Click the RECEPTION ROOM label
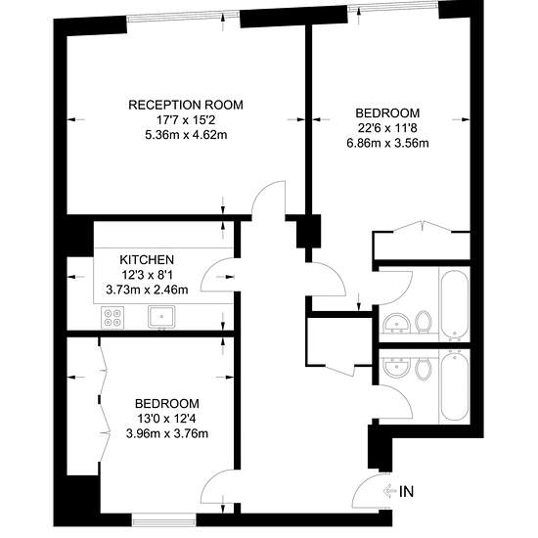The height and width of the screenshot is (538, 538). click(x=186, y=105)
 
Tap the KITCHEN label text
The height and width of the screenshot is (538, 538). click(x=147, y=260)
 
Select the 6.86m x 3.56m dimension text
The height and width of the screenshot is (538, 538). click(x=387, y=143)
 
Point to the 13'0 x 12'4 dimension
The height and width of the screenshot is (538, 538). click(x=166, y=419)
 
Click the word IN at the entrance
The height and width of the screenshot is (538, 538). click(x=407, y=492)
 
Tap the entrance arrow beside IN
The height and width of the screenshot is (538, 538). click(x=390, y=491)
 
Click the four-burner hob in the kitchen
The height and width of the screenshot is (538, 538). click(x=112, y=318)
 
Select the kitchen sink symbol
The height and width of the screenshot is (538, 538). click(x=161, y=317)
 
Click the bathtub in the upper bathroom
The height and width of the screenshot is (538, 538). click(x=455, y=304)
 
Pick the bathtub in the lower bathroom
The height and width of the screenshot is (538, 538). click(x=455, y=386)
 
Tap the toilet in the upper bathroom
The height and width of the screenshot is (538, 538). click(x=423, y=322)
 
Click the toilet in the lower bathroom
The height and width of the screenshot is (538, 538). click(x=423, y=369)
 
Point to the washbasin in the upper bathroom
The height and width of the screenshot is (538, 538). click(x=396, y=324)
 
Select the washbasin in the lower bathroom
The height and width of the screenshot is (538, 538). click(x=396, y=367)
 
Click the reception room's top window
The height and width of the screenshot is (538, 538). click(x=183, y=16)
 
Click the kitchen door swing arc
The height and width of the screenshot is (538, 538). click(x=212, y=269)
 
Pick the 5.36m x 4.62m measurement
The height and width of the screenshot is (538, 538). click(x=186, y=135)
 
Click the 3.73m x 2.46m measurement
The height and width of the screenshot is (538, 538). click(x=147, y=291)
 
